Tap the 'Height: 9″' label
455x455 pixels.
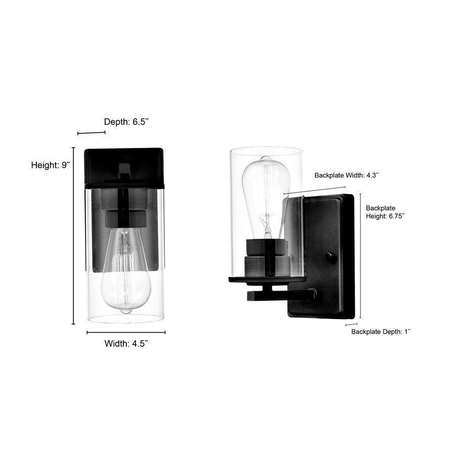click(50, 165)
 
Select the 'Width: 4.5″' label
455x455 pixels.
click(126, 344)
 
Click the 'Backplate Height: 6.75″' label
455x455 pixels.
click(385, 211)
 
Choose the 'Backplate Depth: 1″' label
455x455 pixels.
click(381, 332)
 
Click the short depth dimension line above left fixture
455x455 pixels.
click(92, 133)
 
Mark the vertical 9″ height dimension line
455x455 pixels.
click(74, 236)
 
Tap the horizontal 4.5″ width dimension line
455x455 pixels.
click(126, 332)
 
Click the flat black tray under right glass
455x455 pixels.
click(267, 279)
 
